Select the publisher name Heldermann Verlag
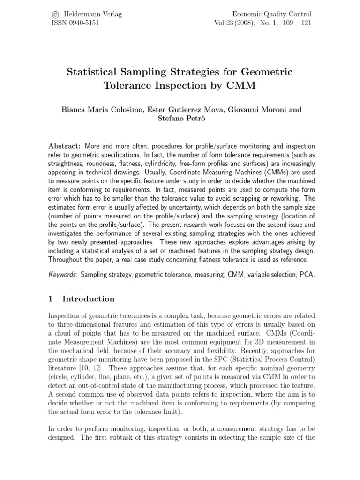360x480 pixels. click(x=91, y=15)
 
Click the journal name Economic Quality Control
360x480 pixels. click(x=271, y=15)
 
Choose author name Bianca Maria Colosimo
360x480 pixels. click(x=98, y=110)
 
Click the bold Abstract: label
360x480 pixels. click(x=64, y=147)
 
